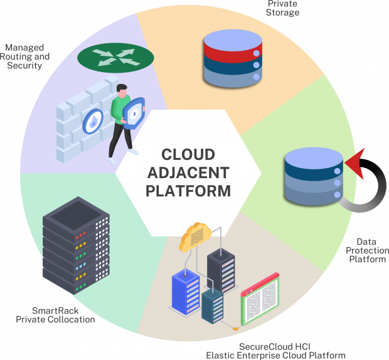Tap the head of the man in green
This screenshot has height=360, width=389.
click(123, 88)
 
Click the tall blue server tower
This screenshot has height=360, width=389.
click(186, 292)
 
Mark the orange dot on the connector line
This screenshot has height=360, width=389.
click(235, 327)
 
